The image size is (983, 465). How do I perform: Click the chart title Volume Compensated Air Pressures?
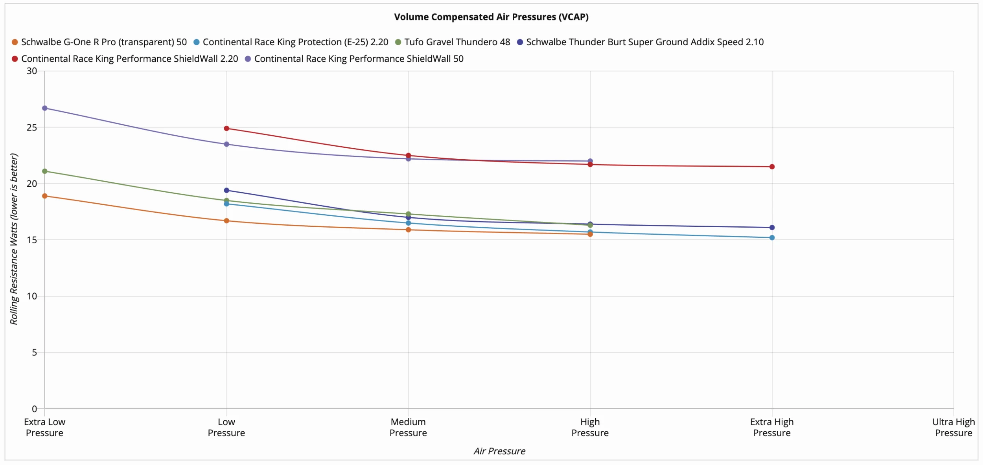point(491,17)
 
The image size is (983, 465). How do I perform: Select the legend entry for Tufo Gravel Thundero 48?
point(453,42)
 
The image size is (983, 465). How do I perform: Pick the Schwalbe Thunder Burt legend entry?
point(640,42)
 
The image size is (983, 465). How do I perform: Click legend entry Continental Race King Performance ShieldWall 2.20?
point(125,59)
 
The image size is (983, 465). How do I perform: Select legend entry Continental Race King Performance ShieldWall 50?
point(354,59)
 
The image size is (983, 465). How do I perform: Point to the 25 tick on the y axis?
point(32,127)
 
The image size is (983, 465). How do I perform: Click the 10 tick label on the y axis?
point(32,296)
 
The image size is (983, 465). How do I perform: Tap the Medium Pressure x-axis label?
point(408,427)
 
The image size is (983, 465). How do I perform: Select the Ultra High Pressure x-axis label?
point(954,427)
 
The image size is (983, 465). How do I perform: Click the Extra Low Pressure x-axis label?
point(45,427)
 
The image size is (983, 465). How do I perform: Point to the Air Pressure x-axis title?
point(499,451)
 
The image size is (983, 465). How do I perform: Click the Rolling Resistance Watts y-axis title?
point(14,239)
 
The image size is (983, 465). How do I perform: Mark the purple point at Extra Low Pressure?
point(45,108)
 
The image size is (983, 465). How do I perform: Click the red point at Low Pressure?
point(226,129)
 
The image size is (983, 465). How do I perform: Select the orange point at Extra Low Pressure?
point(45,196)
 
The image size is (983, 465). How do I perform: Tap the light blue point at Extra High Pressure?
point(772,238)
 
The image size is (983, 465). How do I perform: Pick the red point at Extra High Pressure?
point(772,167)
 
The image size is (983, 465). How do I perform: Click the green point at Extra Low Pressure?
point(45,171)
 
